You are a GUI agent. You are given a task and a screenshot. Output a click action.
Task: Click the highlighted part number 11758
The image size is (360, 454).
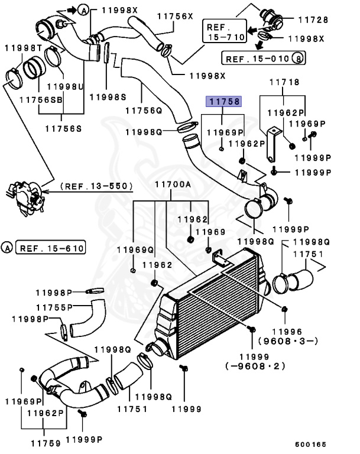pos(223,101)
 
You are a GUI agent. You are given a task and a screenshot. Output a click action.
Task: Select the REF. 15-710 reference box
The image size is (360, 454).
pos(225,31)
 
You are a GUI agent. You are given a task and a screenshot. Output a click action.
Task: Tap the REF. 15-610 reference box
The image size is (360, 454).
pos(51,248)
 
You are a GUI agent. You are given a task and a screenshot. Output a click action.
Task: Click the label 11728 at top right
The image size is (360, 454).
pos(313,20)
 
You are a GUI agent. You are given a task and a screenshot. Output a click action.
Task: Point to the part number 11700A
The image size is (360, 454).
pos(173,184)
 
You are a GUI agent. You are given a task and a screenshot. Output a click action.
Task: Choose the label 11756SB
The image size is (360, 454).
pos(41,100)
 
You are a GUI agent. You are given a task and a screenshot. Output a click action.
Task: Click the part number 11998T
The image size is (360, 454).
pos(24,48)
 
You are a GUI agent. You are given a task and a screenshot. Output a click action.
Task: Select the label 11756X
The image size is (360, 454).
pos(175,16)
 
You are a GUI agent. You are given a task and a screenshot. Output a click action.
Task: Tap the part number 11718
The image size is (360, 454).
pos(284,82)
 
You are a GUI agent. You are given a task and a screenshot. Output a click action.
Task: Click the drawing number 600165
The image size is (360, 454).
pos(310,445)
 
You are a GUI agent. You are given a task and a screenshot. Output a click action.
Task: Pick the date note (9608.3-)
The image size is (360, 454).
pos(288,340)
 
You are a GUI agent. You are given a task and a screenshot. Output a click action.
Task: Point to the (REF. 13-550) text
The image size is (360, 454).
pos(96,186)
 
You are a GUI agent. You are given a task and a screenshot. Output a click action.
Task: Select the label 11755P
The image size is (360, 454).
pos(54,307)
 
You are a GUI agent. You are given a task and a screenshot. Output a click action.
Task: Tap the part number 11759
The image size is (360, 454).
pos(46,443)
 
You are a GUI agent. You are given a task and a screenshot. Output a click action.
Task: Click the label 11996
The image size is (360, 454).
pos(287,332)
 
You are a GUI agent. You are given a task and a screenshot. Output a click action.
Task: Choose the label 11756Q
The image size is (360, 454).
pos(144,111)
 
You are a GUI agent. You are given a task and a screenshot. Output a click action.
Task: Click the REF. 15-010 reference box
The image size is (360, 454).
pos(263,58)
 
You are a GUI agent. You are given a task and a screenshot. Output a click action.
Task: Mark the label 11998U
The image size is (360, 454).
pos(65,86)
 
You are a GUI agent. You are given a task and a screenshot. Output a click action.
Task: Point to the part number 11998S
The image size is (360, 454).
pos(108,97)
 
